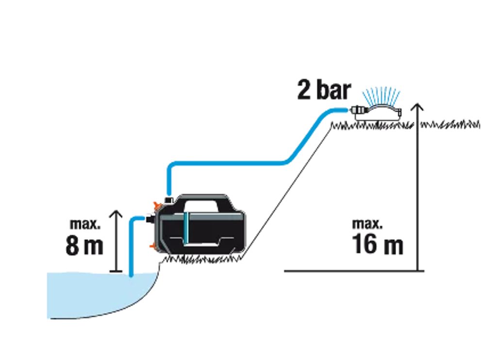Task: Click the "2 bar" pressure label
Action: [324, 91]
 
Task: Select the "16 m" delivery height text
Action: [377, 245]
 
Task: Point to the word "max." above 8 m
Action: [85, 224]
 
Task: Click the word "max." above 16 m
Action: [367, 224]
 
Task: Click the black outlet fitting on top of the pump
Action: [169, 199]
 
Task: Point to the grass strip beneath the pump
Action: [204, 260]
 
